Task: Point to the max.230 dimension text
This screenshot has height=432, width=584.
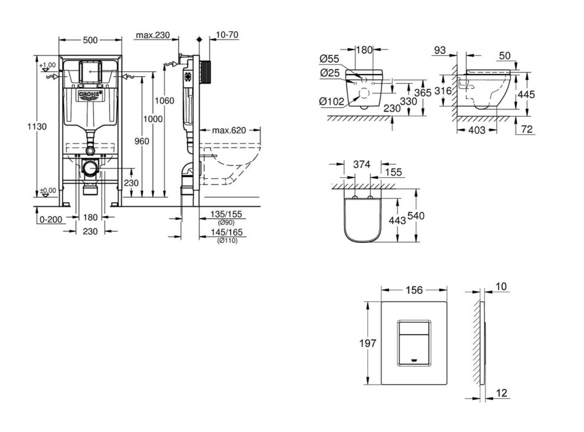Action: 153,35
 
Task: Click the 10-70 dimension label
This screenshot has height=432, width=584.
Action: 227,35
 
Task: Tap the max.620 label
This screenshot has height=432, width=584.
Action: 229,131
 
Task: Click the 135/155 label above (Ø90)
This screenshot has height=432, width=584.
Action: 226,214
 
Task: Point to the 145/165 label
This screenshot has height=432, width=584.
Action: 226,233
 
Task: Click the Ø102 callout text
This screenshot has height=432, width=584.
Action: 331,101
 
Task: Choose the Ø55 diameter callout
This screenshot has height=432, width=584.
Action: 330,58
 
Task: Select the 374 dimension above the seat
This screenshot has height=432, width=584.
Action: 362,164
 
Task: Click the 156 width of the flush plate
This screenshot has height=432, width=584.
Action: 413,290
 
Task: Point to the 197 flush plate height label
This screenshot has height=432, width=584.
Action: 368,343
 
